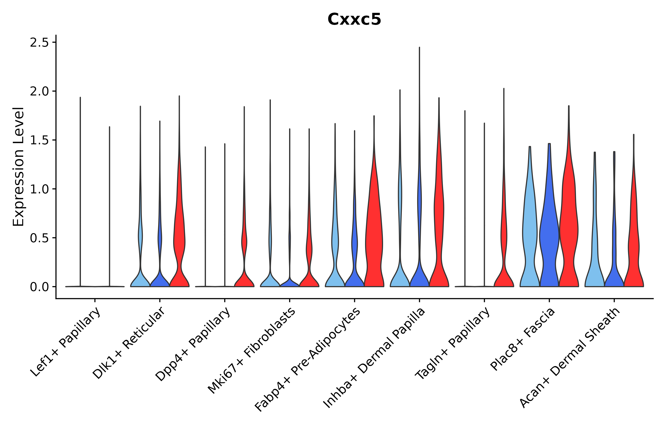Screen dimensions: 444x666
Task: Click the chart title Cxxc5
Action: [354, 19]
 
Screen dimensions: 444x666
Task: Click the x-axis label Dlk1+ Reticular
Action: [129, 343]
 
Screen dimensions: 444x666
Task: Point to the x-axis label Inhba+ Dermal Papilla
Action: [374, 358]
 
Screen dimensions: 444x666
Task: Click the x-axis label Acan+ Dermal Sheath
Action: [570, 358]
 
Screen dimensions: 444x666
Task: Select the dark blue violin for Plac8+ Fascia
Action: [549, 232]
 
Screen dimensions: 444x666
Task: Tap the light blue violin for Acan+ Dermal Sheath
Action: [595, 269]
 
